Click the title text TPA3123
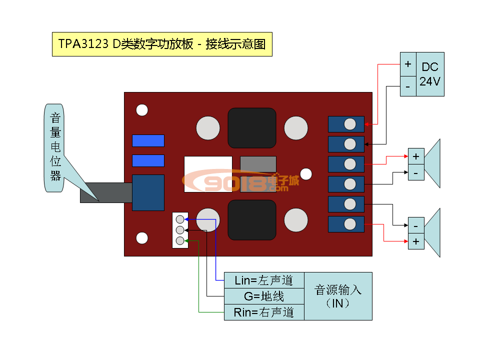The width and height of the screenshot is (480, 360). tap(83, 44)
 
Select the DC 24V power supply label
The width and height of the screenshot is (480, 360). tap(430, 74)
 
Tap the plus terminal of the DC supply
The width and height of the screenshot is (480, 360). tap(407, 64)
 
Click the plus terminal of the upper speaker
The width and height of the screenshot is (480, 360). tap(416, 156)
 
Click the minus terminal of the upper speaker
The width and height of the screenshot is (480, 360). tap(416, 172)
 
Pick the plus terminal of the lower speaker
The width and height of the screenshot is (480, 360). tap(416, 241)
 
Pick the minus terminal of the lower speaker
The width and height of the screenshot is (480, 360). tap(416, 225)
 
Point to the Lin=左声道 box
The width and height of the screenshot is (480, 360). tap(264, 280)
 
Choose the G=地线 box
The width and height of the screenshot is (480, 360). tap(264, 296)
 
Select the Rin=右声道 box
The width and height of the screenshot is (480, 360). tap(264, 312)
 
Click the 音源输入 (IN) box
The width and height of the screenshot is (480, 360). tap(338, 296)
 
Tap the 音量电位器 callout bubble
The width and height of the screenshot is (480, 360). tap(54, 147)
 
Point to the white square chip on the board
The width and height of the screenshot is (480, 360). tap(208, 174)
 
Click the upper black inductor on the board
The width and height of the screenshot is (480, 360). tap(252, 128)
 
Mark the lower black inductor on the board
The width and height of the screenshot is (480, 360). tap(252, 220)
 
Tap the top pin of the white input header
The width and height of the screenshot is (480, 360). tap(180, 219)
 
